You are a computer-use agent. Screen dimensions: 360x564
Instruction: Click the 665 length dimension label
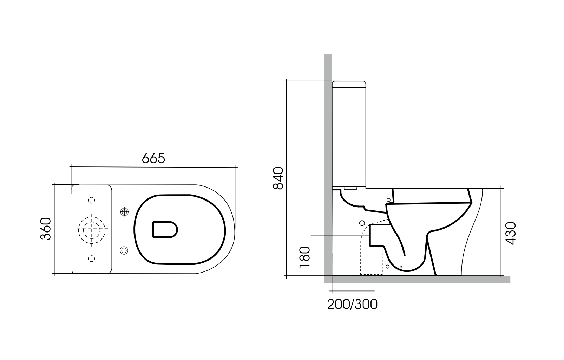click(x=153, y=158)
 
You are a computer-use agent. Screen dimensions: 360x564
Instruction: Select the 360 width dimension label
click(x=46, y=229)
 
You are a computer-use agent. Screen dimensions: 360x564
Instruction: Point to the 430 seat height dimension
click(x=511, y=233)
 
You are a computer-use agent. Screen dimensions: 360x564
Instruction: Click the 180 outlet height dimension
click(x=304, y=257)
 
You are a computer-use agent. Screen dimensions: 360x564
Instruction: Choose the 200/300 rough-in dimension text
click(x=352, y=304)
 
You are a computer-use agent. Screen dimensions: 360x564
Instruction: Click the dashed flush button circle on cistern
click(x=92, y=229)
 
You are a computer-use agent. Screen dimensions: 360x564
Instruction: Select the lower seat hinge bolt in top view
click(x=124, y=250)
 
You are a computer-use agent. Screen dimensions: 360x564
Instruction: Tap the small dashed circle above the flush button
click(x=92, y=200)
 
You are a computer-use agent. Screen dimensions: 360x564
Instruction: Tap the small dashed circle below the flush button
click(x=92, y=258)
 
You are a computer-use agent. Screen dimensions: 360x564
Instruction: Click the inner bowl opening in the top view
click(x=165, y=229)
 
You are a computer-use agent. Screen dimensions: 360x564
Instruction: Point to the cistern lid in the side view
click(x=349, y=84)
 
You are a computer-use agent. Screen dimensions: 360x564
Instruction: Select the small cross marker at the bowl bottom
click(x=401, y=267)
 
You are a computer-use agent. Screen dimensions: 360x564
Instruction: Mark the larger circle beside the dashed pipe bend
click(x=362, y=223)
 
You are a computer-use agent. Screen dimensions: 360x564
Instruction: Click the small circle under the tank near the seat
click(x=388, y=200)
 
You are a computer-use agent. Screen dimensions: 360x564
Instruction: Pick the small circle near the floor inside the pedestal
click(x=388, y=267)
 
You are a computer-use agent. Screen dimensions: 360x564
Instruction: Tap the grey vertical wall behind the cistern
click(x=328, y=140)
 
